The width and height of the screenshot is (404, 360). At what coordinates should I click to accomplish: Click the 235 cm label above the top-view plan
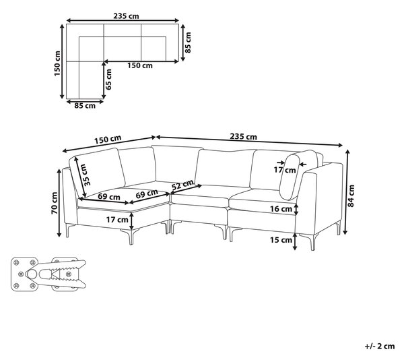pos(126,16)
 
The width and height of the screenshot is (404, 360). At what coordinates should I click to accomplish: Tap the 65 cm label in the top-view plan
pos(108,80)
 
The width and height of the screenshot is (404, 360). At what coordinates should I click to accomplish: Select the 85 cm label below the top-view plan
pos(85,106)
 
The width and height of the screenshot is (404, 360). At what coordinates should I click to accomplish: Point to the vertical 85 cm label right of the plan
pos(188,42)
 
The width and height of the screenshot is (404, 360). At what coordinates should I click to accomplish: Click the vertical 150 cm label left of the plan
pos(57,63)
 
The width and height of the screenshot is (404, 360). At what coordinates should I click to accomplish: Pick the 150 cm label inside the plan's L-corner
pos(140,65)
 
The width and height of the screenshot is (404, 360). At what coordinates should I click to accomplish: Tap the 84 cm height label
pos(351,196)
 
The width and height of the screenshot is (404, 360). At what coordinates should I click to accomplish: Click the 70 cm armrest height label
pos(55,203)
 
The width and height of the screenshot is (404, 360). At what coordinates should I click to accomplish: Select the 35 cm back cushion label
pos(87,175)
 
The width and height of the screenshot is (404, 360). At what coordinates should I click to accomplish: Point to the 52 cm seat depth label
pos(182,185)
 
